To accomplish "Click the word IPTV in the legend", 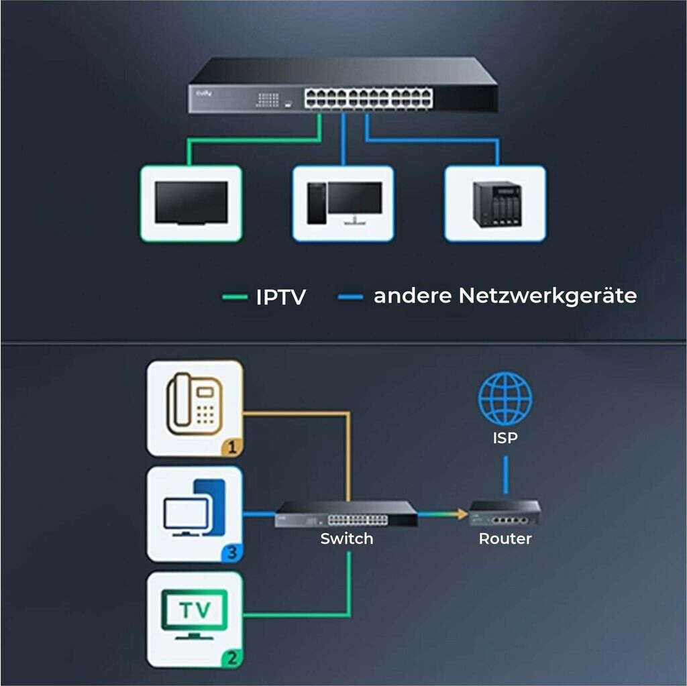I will click(x=280, y=297).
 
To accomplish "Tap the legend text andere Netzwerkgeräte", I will click(x=505, y=296).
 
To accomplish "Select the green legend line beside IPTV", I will click(x=235, y=296).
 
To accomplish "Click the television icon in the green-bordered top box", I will click(x=191, y=204).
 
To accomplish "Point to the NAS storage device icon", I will click(x=496, y=204).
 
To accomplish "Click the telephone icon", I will click(x=195, y=405).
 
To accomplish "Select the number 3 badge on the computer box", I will click(x=231, y=553).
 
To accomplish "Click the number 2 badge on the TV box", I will click(x=231, y=658).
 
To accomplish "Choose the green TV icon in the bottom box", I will click(x=195, y=614).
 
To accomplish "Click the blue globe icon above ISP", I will click(x=505, y=398).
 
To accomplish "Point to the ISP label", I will click(x=505, y=439).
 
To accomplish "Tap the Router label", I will click(x=505, y=538).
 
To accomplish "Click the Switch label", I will click(x=346, y=538).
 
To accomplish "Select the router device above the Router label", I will click(x=505, y=513).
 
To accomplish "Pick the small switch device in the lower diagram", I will click(x=346, y=514).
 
